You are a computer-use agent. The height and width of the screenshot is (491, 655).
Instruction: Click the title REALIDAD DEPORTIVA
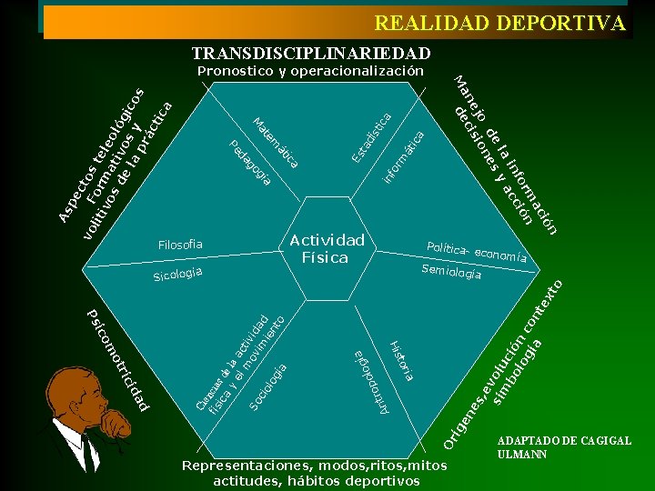click(x=500, y=23)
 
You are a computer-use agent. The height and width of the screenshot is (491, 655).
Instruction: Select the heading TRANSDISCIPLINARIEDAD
click(x=311, y=54)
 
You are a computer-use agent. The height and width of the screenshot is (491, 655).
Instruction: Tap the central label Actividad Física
click(x=327, y=248)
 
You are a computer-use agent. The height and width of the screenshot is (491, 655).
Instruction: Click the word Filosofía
click(x=180, y=245)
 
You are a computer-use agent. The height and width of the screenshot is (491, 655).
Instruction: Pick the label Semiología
click(x=451, y=271)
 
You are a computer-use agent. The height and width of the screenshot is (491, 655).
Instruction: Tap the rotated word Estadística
click(x=372, y=136)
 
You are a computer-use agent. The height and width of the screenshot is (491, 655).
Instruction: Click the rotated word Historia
click(x=402, y=359)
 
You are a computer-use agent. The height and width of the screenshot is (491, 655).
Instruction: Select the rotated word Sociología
click(x=269, y=385)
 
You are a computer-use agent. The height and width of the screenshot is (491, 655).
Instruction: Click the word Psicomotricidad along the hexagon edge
click(x=117, y=357)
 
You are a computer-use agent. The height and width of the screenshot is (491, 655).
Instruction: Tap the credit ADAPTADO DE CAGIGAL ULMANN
click(x=564, y=447)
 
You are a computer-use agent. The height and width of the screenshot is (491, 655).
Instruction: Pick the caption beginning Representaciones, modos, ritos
click(x=316, y=473)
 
